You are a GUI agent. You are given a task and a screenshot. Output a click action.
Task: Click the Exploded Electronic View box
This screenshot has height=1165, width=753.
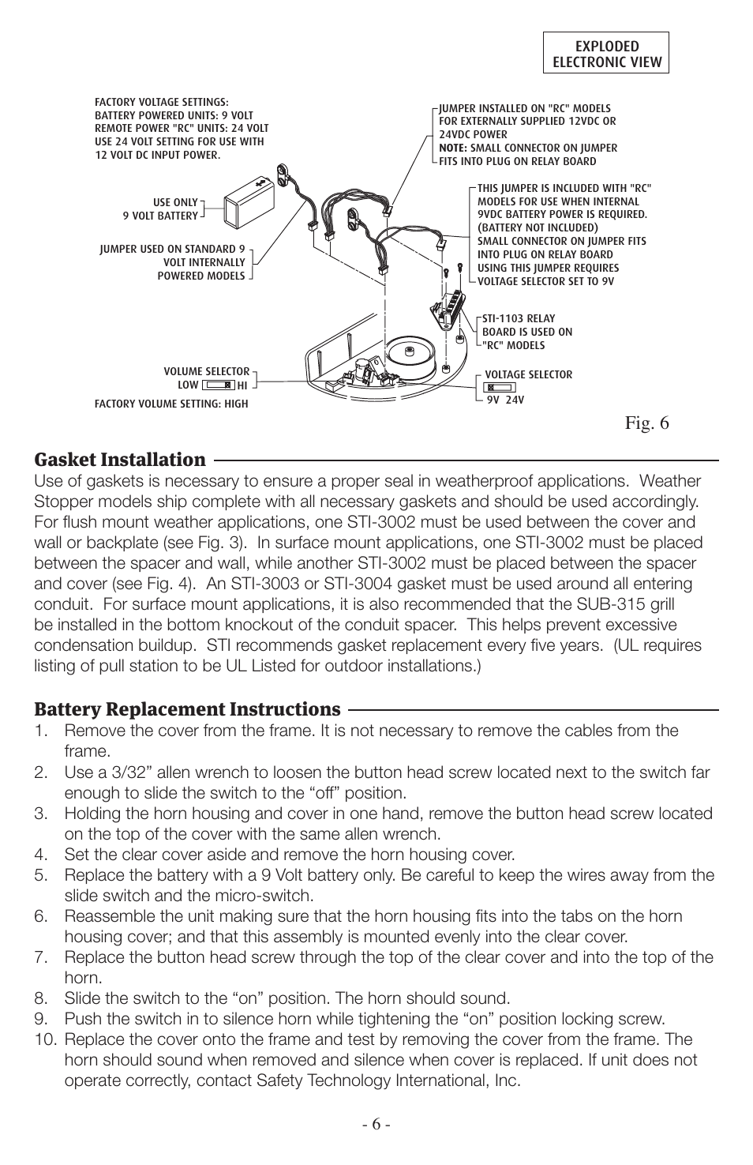coord(605,53)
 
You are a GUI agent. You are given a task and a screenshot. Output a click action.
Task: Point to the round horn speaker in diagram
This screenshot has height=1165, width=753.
coord(410,351)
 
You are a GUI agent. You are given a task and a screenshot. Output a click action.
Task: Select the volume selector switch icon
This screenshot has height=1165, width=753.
coord(219,385)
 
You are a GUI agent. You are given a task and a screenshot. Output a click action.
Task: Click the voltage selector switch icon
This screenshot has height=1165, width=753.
coord(500,388)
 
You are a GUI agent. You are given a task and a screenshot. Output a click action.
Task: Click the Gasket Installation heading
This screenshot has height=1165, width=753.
coord(120,460)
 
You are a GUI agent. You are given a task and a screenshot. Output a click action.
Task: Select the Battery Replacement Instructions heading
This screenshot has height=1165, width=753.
coord(187,708)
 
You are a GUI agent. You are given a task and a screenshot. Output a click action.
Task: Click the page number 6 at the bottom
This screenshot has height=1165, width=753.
coord(376,1125)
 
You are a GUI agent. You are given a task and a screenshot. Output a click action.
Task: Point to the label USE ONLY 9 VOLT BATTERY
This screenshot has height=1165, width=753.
coord(161,209)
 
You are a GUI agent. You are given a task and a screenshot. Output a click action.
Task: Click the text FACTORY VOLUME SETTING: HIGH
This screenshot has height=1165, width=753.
coord(170,404)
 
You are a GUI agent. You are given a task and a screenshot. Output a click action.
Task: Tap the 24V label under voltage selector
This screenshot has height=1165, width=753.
coord(515,400)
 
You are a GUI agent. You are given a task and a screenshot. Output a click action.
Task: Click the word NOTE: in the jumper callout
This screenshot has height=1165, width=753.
coord(453,148)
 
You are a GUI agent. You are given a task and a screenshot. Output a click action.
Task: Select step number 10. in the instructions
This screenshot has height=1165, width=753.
coord(45,1039)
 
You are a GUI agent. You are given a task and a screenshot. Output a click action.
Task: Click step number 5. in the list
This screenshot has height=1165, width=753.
coord(40,875)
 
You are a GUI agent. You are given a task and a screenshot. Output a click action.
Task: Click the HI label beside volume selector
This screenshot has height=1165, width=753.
coord(242,385)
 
